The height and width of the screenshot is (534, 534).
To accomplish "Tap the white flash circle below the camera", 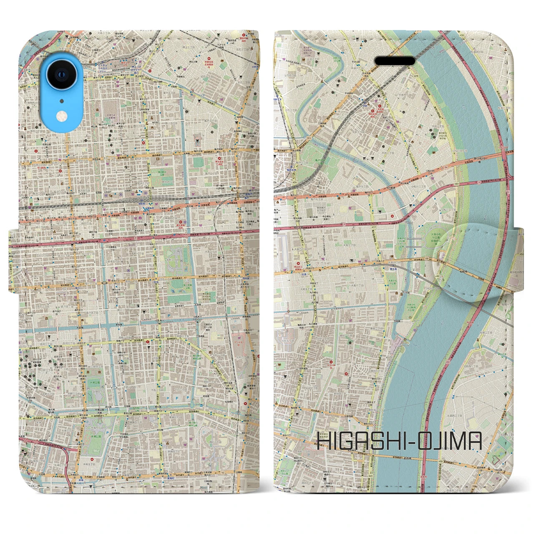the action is coord(62,115).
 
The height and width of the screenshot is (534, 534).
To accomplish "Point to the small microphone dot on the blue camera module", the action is coord(62,101).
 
